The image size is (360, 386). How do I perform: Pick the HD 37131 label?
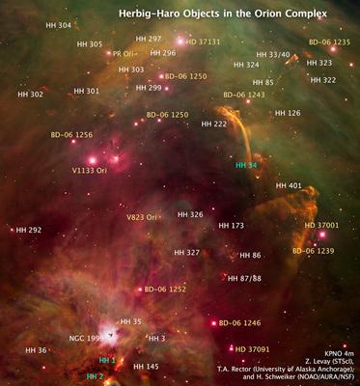point(204,42)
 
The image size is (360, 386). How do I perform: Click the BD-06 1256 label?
point(71,135)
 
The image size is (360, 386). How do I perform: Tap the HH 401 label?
point(289,185)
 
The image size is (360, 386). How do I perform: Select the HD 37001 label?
point(321,224)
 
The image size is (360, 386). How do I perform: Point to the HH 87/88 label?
point(243,278)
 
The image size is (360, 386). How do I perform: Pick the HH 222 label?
point(213,124)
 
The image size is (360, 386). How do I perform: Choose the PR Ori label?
point(126,54)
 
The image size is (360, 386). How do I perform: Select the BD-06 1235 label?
point(329,42)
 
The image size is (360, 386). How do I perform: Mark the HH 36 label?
point(36,350)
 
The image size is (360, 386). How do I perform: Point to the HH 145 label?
point(146,367)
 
